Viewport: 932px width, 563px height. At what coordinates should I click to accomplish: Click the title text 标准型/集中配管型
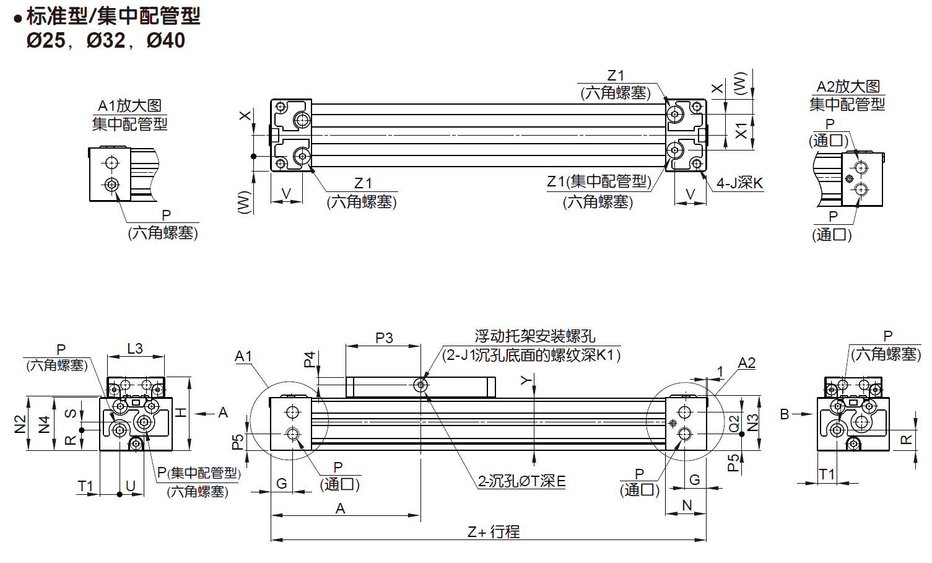pyautogui.click(x=113, y=16)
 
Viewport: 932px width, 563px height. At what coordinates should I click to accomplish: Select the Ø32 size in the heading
pyautogui.click(x=106, y=41)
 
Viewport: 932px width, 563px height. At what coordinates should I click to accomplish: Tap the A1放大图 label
pyautogui.click(x=129, y=106)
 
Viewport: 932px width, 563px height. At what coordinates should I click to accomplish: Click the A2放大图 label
pyautogui.click(x=848, y=87)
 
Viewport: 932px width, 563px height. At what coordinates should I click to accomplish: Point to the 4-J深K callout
pyautogui.click(x=739, y=183)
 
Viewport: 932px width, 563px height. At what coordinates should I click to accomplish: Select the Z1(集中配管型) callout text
pyautogui.click(x=599, y=181)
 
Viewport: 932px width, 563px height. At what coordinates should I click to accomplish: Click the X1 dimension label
pyautogui.click(x=741, y=131)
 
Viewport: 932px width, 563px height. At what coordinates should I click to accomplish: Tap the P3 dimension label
pyautogui.click(x=384, y=338)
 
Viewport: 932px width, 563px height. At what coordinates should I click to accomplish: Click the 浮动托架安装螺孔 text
pyautogui.click(x=534, y=336)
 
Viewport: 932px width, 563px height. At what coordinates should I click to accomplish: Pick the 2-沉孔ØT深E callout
pyautogui.click(x=521, y=481)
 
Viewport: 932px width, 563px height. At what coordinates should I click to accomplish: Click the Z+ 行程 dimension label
pyautogui.click(x=494, y=531)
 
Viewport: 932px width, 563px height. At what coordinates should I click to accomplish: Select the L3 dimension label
pyautogui.click(x=135, y=349)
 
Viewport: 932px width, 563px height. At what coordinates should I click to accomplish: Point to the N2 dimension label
pyautogui.click(x=20, y=424)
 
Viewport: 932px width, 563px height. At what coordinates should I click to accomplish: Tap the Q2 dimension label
pyautogui.click(x=734, y=424)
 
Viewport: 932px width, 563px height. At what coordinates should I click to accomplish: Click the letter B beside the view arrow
pyautogui.click(x=785, y=414)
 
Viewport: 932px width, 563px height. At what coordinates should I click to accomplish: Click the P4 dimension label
pyautogui.click(x=310, y=359)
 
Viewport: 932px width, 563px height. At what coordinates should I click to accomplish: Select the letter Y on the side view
pyautogui.click(x=526, y=380)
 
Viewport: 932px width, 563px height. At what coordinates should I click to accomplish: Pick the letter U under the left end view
pyautogui.click(x=131, y=486)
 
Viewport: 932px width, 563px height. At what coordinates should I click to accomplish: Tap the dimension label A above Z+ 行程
pyautogui.click(x=340, y=508)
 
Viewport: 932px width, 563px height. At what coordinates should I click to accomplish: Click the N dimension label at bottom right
pyautogui.click(x=687, y=505)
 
